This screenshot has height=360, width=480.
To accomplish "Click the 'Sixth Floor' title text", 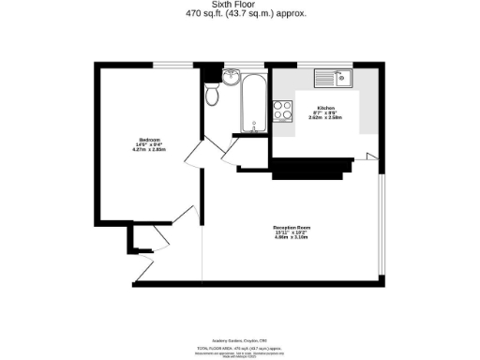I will (240, 4).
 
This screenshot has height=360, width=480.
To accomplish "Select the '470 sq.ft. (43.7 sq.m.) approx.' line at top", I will (240, 13).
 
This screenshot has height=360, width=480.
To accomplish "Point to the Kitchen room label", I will (325, 108).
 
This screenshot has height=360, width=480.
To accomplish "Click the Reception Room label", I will (292, 227).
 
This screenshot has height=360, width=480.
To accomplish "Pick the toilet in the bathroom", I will (213, 95).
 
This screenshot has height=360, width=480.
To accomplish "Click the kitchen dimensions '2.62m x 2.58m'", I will (325, 119).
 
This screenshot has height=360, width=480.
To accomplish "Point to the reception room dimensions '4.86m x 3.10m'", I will (292, 238).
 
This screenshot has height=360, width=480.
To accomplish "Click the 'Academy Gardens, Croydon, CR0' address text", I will (240, 341).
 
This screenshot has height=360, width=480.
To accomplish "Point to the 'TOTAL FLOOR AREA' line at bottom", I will (240, 348).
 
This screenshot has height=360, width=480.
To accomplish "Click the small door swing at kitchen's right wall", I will (371, 155).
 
